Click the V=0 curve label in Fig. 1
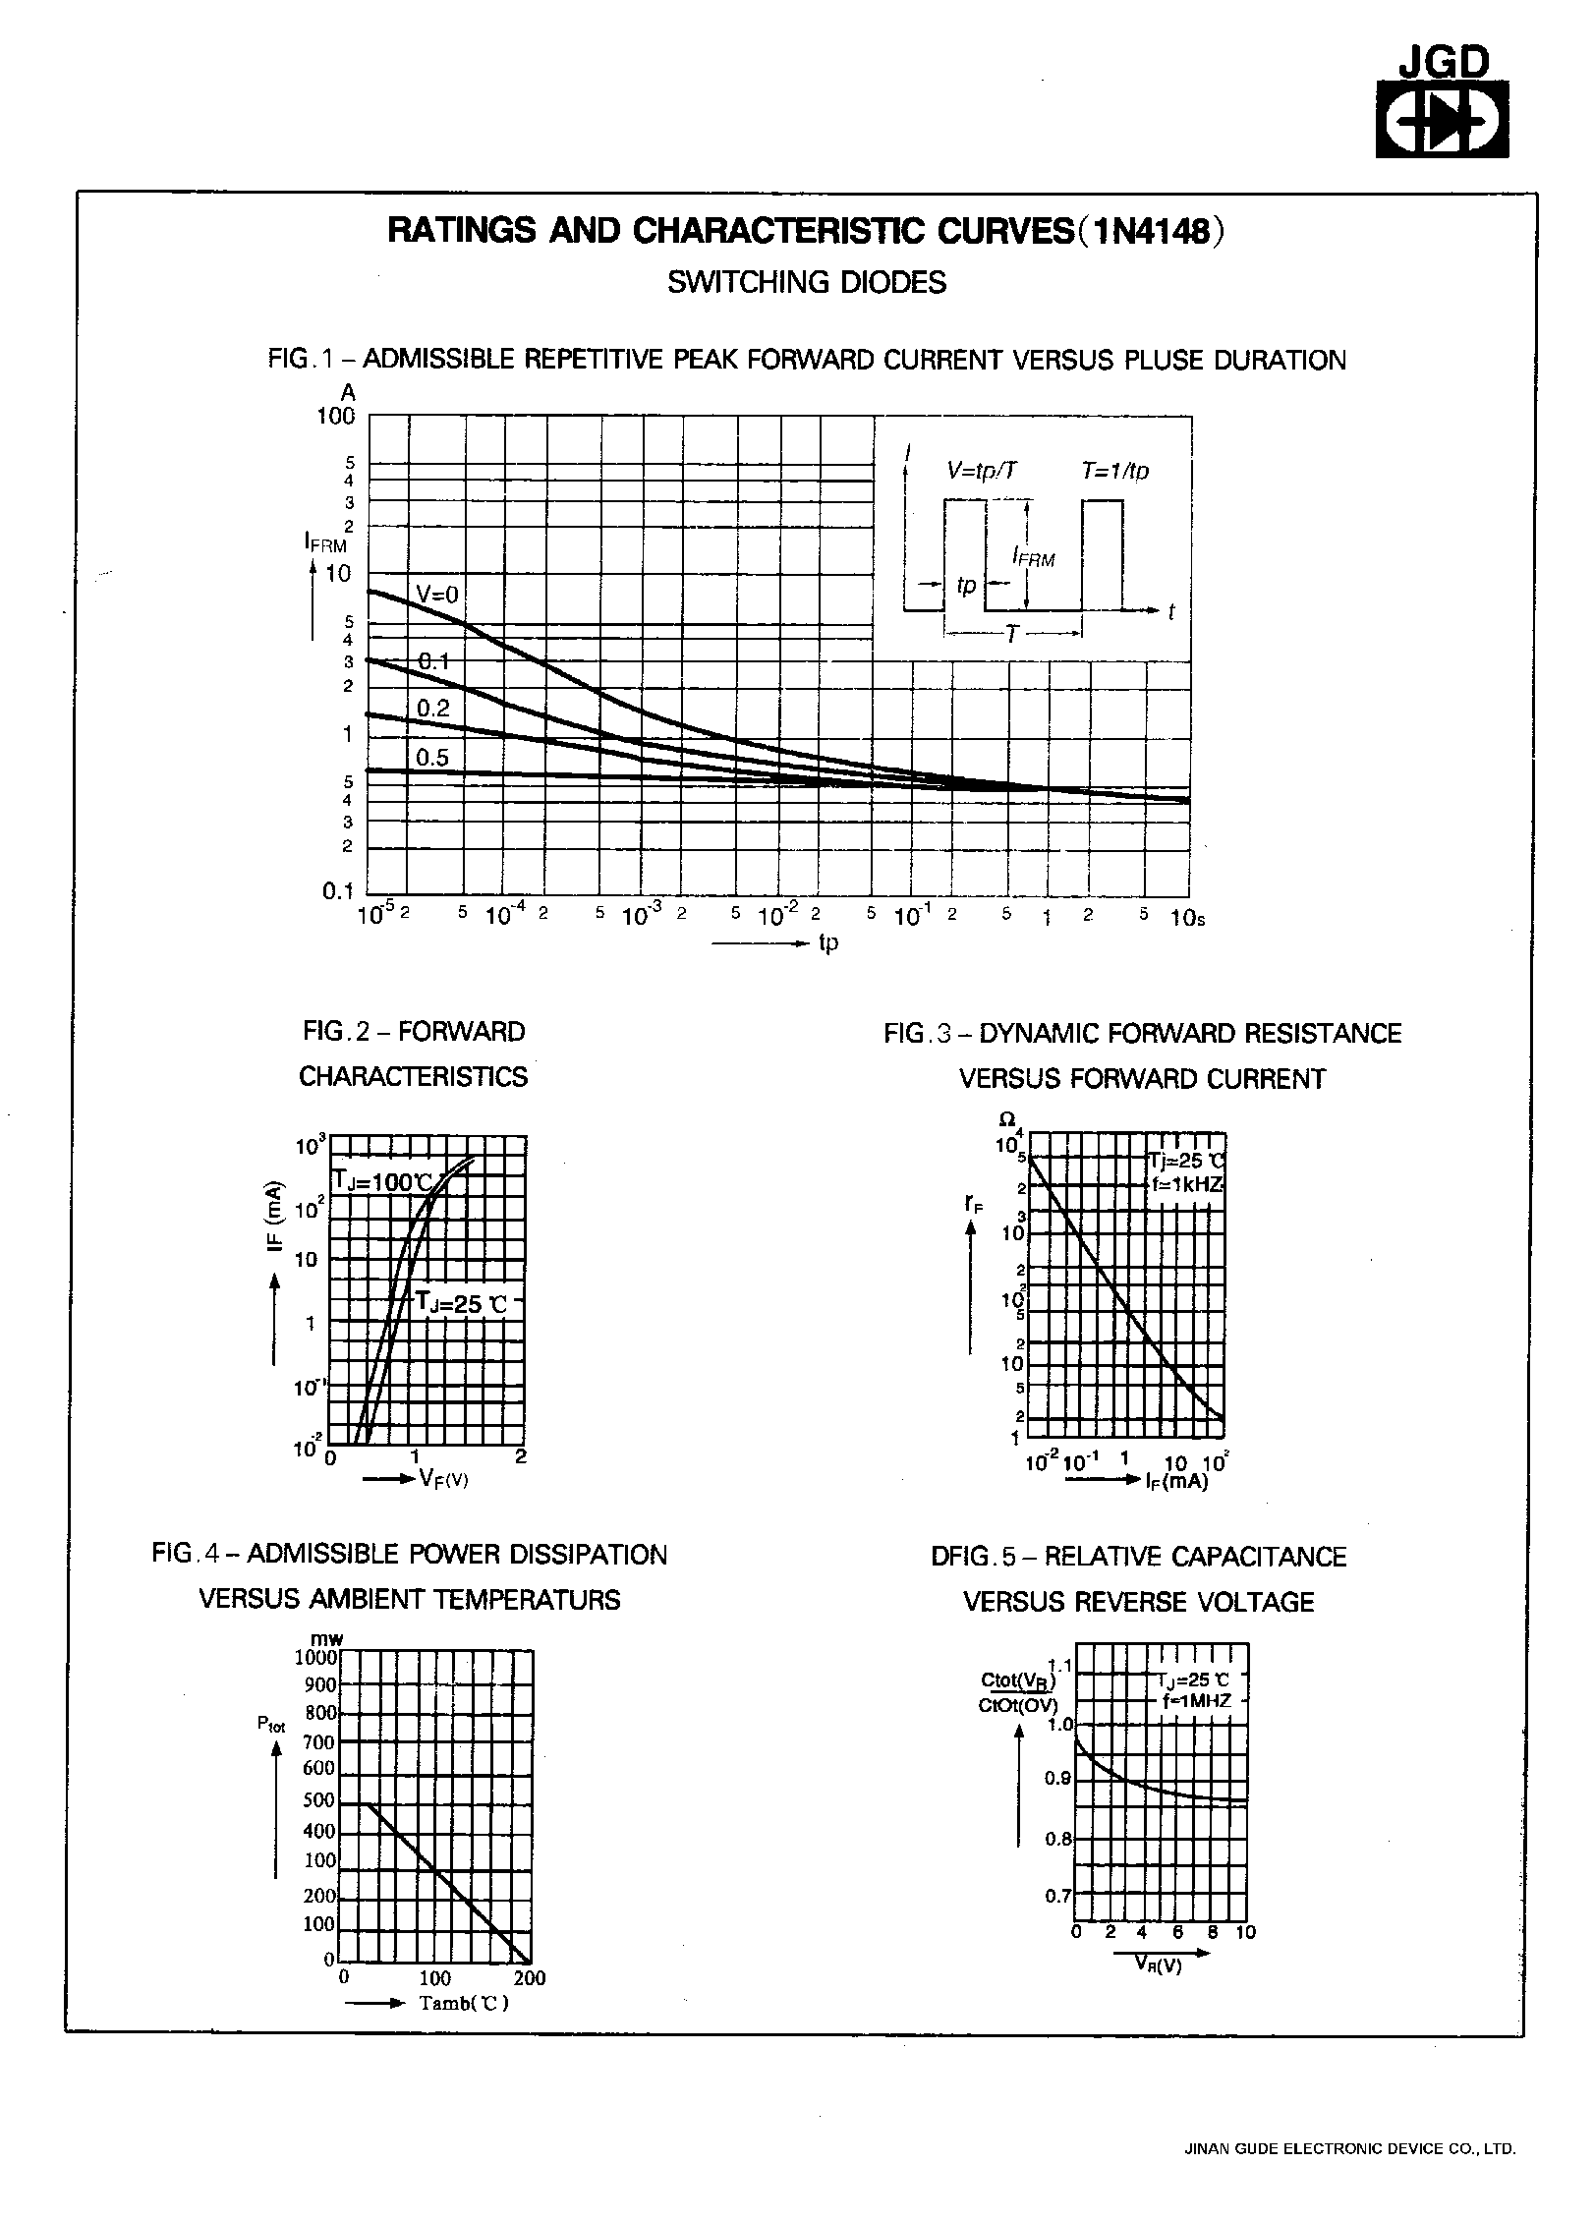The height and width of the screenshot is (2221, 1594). (x=437, y=594)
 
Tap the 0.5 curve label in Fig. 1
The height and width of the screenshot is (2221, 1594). (x=431, y=757)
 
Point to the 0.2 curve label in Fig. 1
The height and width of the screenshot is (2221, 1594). (x=432, y=709)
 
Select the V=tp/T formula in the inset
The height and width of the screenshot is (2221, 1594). (x=982, y=471)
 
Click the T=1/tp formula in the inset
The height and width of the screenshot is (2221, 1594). (x=1114, y=471)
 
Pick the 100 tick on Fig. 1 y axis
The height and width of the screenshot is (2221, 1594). (x=335, y=416)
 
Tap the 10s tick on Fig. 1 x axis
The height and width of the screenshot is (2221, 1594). (x=1187, y=918)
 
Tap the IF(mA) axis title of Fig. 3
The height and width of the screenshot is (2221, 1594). (x=1176, y=1481)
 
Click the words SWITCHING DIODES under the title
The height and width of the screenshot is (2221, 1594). (x=807, y=283)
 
